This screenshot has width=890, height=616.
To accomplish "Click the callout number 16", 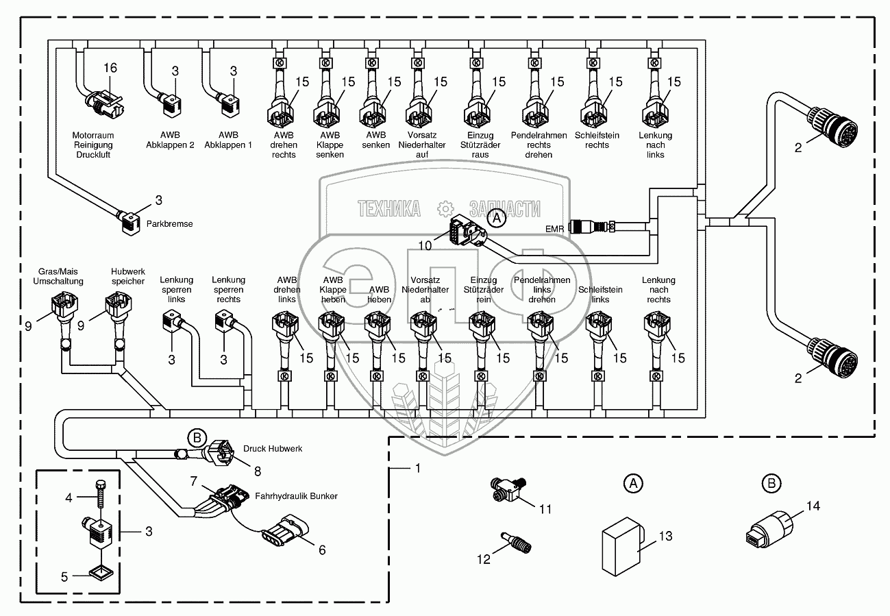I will tap(110, 68).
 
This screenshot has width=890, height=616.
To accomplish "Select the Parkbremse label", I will tap(170, 223).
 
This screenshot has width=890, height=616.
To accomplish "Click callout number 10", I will tap(425, 245).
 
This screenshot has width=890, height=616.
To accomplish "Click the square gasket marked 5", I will tap(101, 571).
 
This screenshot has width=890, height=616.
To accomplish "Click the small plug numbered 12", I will tap(516, 542).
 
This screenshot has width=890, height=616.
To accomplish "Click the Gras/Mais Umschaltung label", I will tap(61, 276).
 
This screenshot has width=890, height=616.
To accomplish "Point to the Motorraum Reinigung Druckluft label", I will tap(92, 145).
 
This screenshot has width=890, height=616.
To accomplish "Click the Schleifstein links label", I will tap(600, 295).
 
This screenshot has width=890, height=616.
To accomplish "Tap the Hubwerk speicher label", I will tap(128, 276).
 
